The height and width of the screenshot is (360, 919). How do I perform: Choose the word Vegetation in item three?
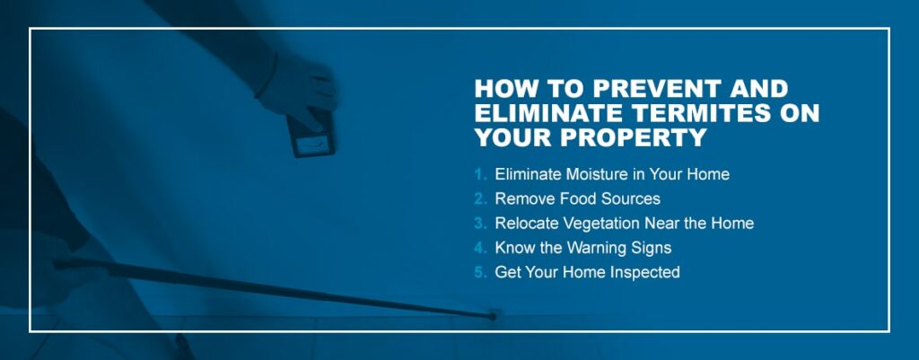(596, 224)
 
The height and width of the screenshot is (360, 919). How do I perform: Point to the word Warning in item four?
(594, 248)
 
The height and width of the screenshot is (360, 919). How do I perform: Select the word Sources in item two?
(626, 198)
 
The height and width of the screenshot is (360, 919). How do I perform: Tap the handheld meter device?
(311, 133)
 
